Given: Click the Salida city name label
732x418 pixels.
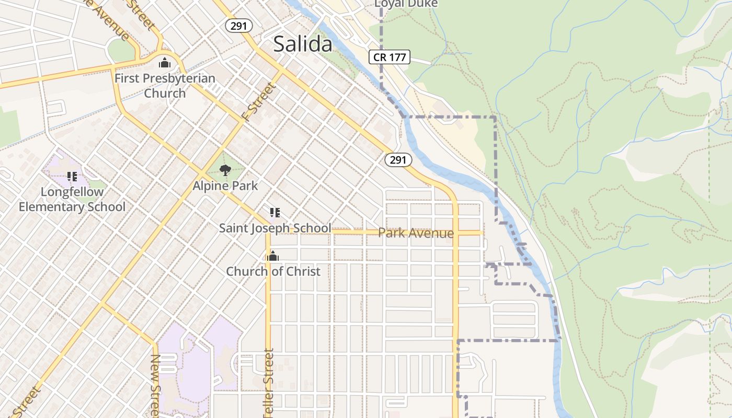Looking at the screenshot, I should (303, 44).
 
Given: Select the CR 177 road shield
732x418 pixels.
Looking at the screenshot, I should (390, 57).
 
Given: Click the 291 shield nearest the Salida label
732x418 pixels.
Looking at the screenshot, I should (239, 26).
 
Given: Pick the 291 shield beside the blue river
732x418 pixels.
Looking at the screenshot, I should (398, 159).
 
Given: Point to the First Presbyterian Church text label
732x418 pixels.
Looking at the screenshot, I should (165, 86).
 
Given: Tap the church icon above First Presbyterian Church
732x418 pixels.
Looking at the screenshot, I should (165, 63).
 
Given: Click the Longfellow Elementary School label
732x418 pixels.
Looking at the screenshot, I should (72, 199).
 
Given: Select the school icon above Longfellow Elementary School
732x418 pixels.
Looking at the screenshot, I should (72, 177).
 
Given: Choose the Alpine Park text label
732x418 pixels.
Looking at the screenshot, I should (225, 185).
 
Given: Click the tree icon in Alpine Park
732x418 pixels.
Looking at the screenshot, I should (225, 170).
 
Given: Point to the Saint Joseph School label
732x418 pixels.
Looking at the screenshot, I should (275, 228).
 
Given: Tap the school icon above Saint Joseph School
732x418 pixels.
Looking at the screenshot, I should (275, 212).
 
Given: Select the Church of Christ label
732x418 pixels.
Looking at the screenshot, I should (273, 271).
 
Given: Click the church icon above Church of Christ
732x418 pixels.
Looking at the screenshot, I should (273, 256).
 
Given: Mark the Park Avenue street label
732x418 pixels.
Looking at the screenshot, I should (416, 233).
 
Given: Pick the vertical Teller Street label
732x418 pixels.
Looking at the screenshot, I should (269, 384).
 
